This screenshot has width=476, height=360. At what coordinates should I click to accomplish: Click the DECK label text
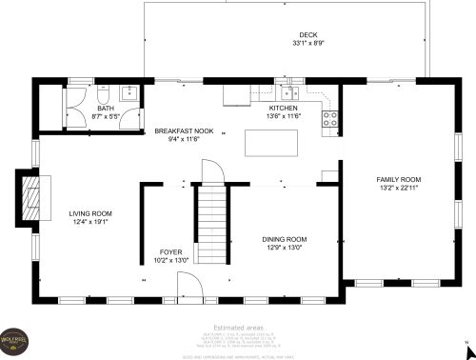pos(308,34)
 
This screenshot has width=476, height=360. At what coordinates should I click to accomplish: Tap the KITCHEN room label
pos(284,109)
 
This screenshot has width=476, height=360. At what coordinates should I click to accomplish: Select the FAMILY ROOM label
pos(398,179)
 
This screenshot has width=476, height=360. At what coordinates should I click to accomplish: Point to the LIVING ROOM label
pos(90,213)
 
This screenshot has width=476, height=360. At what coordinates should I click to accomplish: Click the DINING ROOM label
pos(284,239)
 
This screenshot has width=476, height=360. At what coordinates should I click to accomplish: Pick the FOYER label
pos(171,251)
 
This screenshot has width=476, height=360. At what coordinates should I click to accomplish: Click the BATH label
pos(105,109)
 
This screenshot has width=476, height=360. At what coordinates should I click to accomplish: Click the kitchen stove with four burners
pos(331,118)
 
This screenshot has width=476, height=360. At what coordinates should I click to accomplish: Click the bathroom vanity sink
pos(129,92)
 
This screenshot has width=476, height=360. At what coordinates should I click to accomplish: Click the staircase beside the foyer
pos(211,226)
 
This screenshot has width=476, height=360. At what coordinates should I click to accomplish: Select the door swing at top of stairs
pos(211,173)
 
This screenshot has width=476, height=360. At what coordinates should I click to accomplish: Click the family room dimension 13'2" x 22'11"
pos(398,188)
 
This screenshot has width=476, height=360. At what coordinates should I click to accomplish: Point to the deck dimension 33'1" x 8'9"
pos(308,43)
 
